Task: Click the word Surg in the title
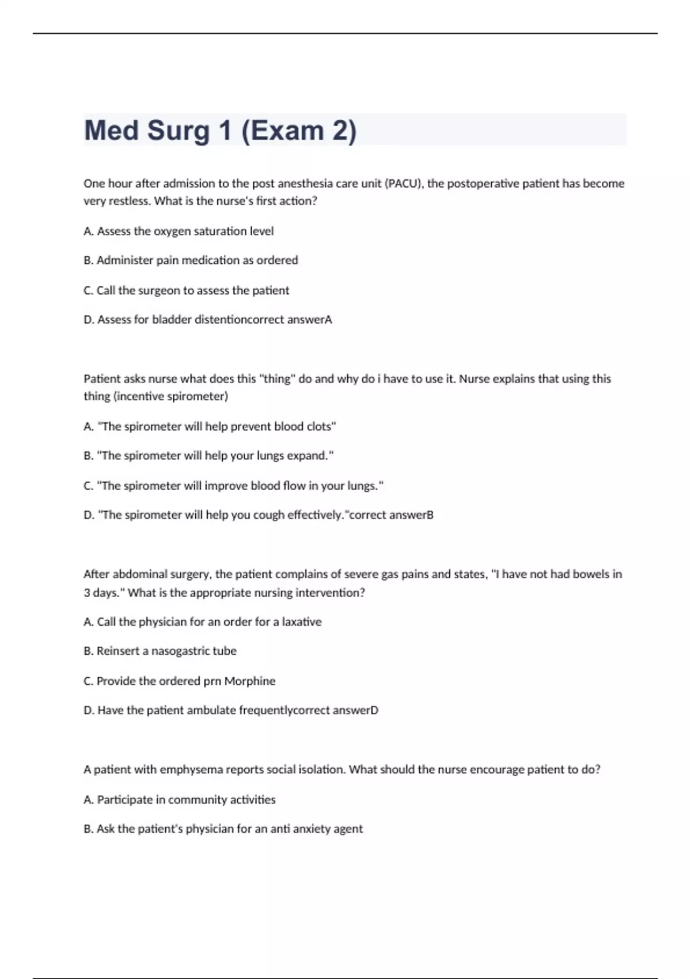click(x=179, y=131)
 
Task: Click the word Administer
click(x=124, y=260)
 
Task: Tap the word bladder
click(x=172, y=320)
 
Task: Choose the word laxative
click(x=301, y=622)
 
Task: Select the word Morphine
click(x=249, y=681)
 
